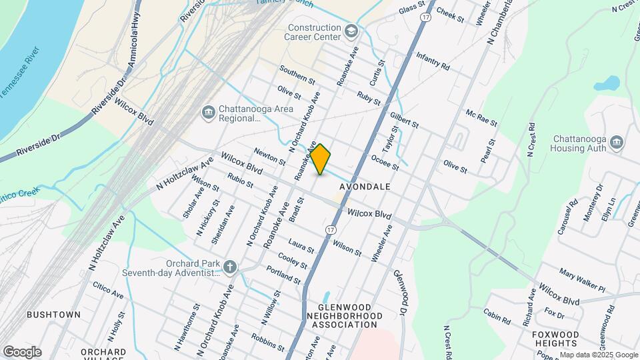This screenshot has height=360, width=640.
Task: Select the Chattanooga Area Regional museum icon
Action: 208,111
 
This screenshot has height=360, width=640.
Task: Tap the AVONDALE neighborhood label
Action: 365,187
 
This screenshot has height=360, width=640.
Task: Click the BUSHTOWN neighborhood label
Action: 53,314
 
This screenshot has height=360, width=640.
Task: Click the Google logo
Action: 22,351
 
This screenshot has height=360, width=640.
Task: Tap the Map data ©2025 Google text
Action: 599,355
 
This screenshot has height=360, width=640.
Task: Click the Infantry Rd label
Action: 433,62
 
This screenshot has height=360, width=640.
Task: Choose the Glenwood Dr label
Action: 399,293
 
